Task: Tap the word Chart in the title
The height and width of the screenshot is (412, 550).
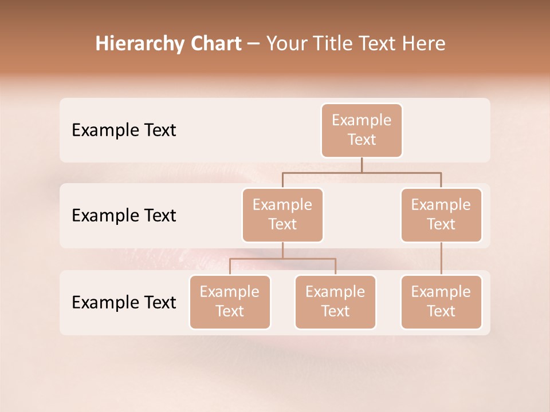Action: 215,43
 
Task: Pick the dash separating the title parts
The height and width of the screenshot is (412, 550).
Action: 254,45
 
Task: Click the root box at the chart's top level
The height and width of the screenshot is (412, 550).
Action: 362,130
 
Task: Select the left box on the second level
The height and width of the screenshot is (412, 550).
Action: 282,215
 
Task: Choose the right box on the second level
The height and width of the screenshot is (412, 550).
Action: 441,215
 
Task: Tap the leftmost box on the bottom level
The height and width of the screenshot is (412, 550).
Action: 230,302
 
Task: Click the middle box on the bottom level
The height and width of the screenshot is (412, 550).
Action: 335,302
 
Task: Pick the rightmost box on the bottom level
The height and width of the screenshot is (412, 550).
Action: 441,302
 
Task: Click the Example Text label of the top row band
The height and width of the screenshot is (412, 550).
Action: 124,130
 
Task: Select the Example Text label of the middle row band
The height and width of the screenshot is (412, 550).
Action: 124,216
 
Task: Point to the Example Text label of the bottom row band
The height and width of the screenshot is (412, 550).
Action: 124,302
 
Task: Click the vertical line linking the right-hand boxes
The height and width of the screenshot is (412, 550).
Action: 441,259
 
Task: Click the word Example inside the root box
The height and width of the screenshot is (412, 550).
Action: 362,120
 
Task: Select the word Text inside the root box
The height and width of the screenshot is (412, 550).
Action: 362,140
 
